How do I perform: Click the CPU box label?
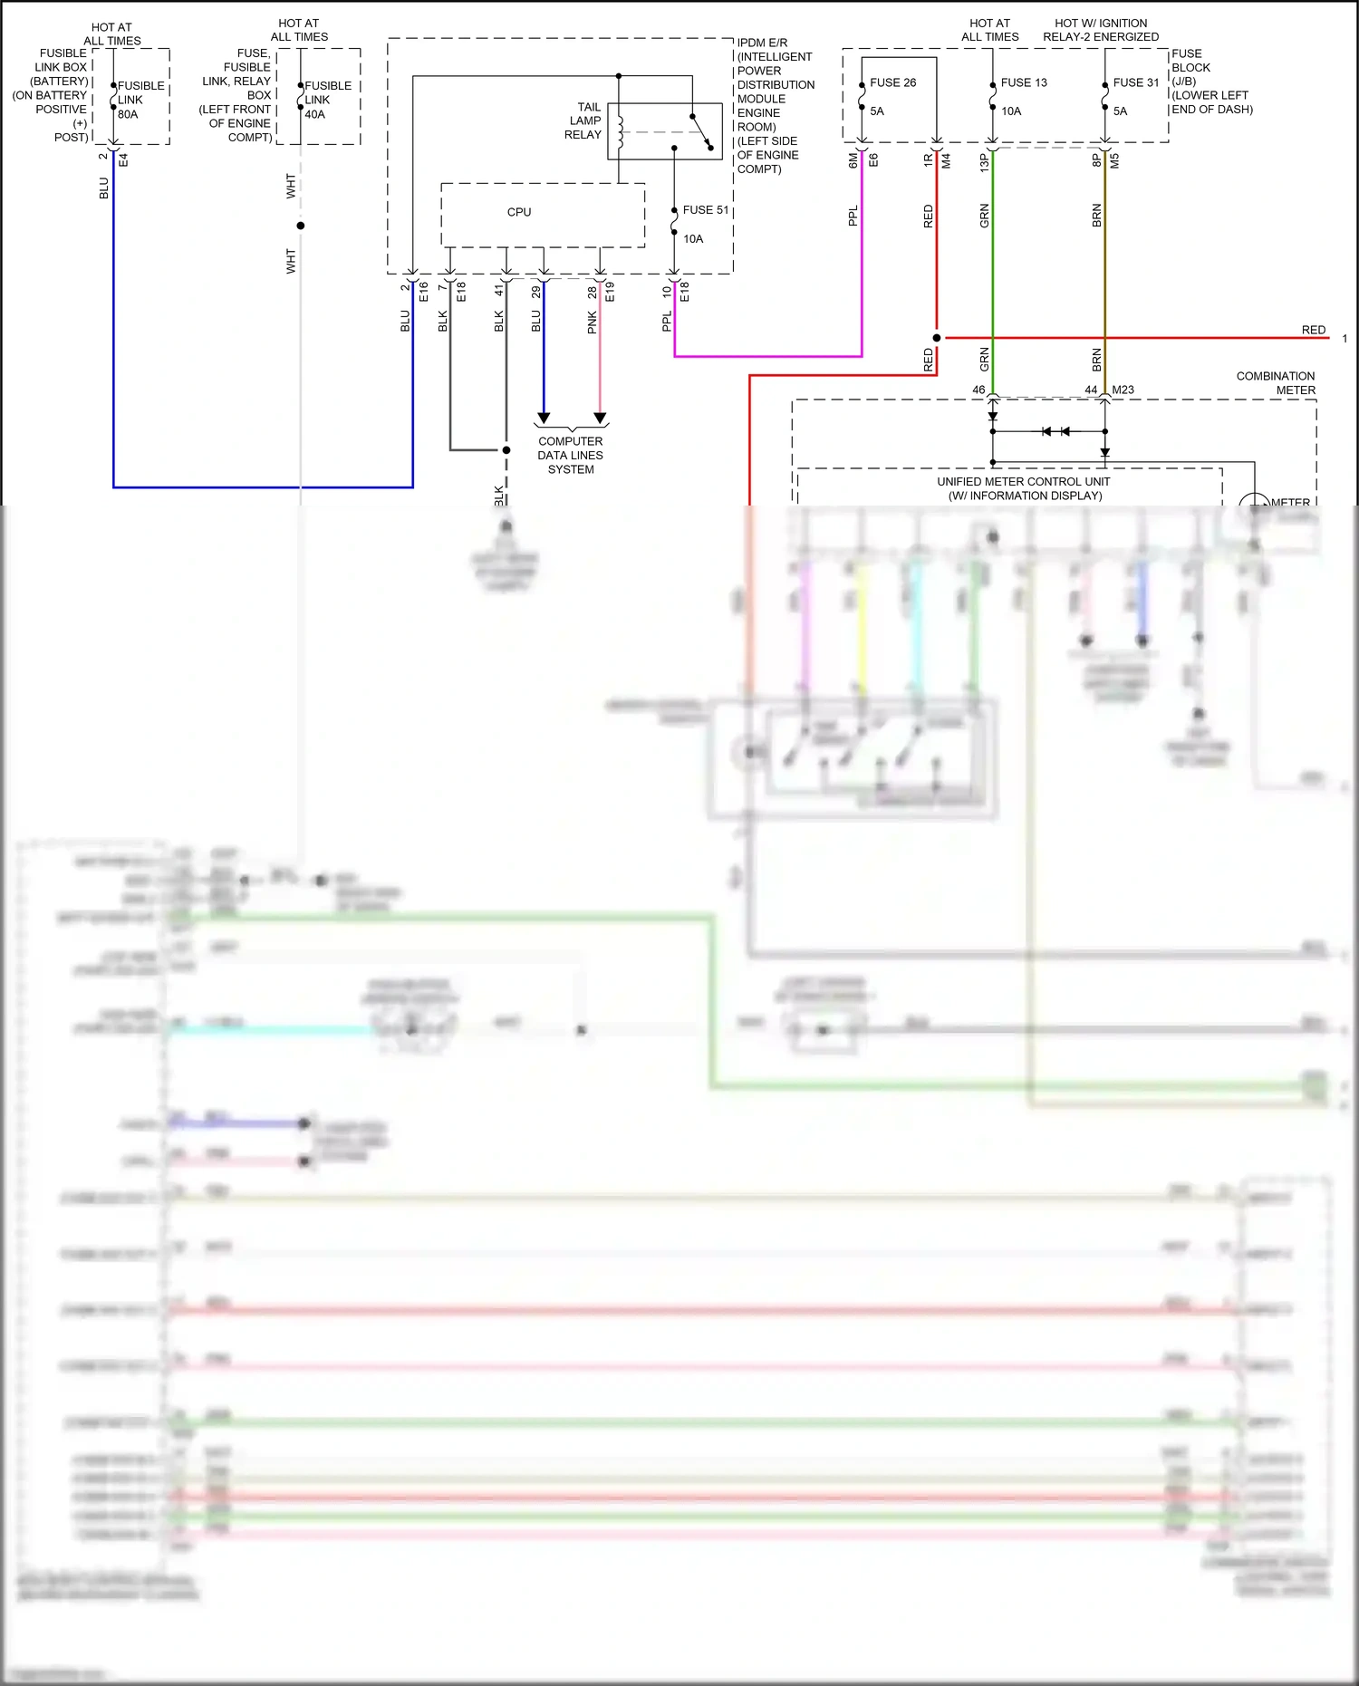click(519, 212)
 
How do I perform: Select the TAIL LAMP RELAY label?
click(583, 120)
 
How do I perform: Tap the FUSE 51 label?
click(705, 210)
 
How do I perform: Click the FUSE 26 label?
click(892, 82)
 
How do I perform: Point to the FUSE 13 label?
click(1024, 82)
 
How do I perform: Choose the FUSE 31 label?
click(1135, 82)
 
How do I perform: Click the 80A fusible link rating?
click(128, 114)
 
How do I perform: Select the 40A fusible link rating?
click(314, 114)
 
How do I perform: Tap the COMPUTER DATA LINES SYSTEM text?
click(571, 455)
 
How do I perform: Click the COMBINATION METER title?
click(1276, 383)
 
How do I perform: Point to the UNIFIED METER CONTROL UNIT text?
click(1024, 488)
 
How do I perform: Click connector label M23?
click(1123, 390)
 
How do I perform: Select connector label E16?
click(423, 292)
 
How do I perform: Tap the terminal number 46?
click(978, 390)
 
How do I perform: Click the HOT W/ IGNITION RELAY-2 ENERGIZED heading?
click(1101, 30)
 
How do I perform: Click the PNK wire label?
click(593, 322)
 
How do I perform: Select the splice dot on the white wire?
click(301, 226)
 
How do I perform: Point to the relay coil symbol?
click(621, 132)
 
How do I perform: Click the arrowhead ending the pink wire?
click(600, 418)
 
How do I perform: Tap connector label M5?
click(1114, 160)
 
